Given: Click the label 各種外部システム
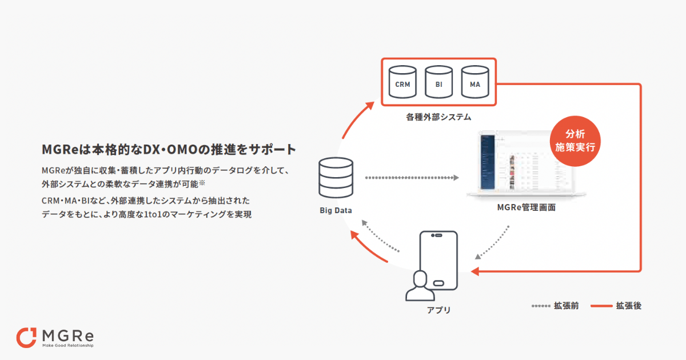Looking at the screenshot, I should tap(438, 117).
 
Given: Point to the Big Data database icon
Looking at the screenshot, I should tap(336, 178).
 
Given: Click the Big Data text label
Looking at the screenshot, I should tap(336, 210).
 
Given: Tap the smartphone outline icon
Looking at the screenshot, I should tap(438, 261).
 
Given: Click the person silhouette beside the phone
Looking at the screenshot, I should tap(420, 286).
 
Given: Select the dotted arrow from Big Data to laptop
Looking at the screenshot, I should tap(412, 178).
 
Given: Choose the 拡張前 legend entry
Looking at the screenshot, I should tap(555, 306).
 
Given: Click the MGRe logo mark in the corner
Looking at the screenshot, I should tap(26, 337).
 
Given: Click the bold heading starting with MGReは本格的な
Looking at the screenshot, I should tap(169, 150).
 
